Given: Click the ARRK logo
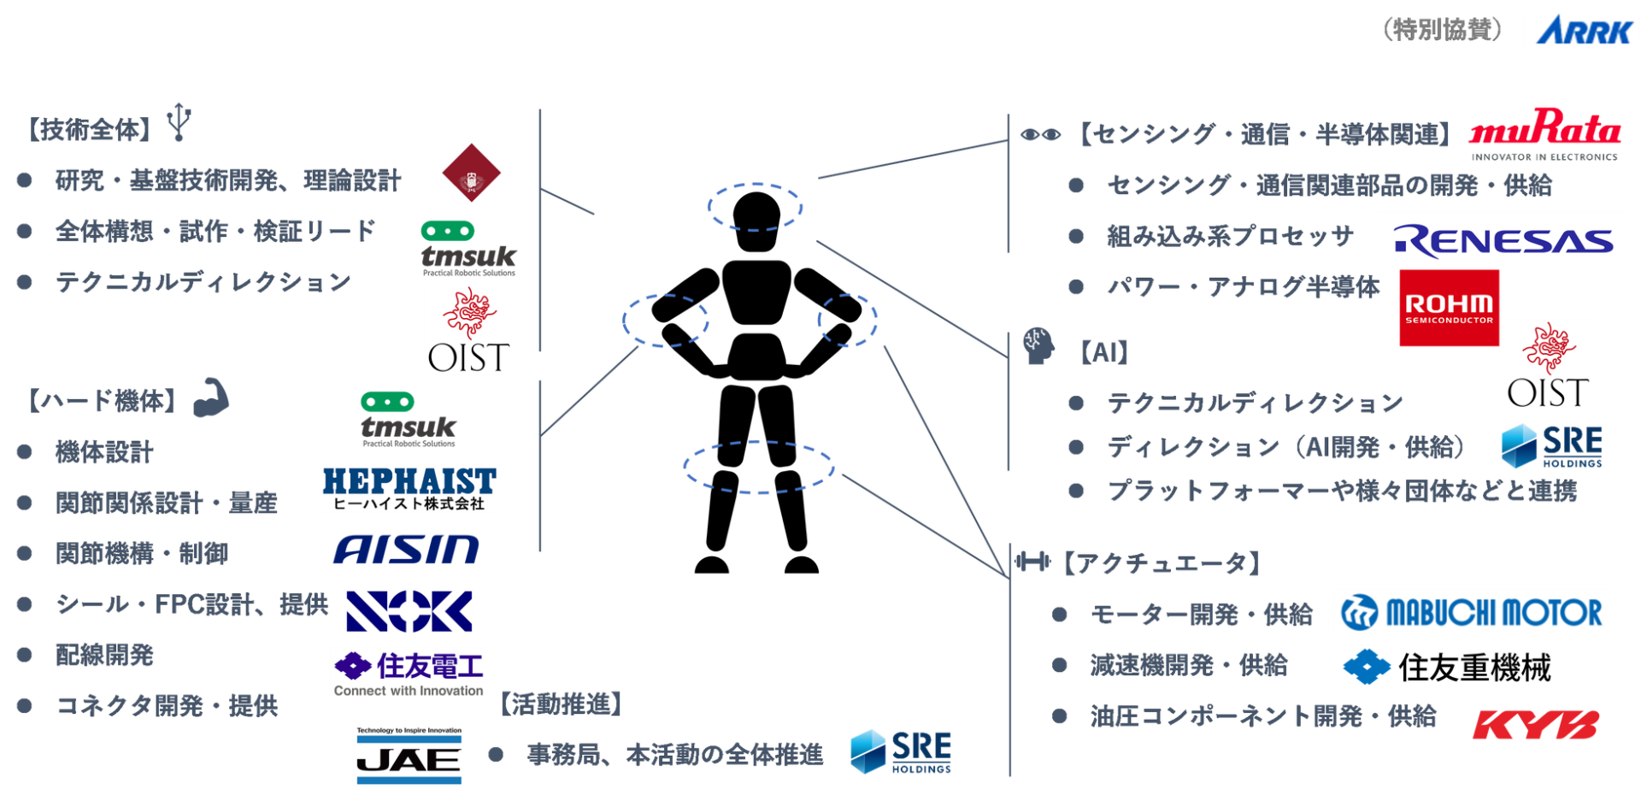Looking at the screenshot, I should pos(1582,31).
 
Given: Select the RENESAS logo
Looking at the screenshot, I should pos(1503,242).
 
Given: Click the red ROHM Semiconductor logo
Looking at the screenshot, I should pos(1449,309).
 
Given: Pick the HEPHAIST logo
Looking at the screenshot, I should pos(409,489).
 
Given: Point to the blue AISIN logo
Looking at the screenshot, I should pos(407,550).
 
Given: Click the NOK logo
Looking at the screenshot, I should pos(409,611).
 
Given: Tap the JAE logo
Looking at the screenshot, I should pos(409,756).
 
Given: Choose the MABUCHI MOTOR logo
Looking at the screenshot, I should pos(1471,613).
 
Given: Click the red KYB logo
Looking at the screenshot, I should pos(1536,724).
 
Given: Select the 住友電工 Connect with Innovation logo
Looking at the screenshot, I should pos(409,673).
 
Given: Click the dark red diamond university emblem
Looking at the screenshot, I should pos(469,174).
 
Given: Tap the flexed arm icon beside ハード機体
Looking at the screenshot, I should pos(210,397).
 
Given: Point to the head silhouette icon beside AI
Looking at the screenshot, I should pos(1038,346).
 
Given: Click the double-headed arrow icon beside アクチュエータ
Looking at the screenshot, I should pos(1033,562).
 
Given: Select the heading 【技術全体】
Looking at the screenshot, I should pos(91,130).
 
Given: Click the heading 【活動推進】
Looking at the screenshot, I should pos(561,704).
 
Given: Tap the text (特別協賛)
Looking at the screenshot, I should pos(1442,30).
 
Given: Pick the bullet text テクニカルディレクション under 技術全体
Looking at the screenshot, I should pos(203,282).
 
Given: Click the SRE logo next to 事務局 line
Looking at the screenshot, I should pos(901,751).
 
